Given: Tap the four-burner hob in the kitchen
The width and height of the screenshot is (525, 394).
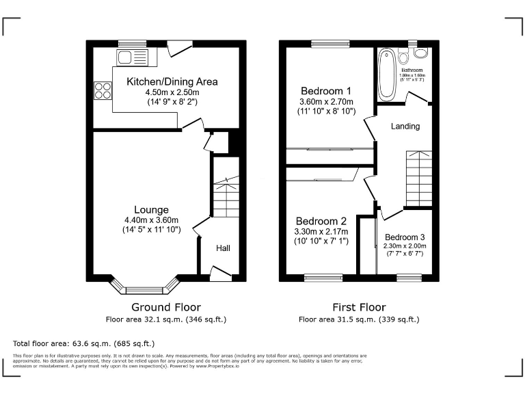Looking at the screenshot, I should tap(103, 90).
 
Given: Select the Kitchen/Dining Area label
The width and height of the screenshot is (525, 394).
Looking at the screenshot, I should tap(172, 81).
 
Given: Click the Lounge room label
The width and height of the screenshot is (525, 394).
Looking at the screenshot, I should tap(151, 209).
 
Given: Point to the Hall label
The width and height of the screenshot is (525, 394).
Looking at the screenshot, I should tap(224, 249).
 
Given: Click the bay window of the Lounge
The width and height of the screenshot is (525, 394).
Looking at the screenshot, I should tap(144, 285).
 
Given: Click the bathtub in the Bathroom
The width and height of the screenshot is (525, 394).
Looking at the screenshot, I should tap(386, 73).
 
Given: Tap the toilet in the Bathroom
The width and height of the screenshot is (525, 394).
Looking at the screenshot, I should tap(421, 53).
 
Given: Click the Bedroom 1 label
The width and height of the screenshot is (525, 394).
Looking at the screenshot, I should tap(326, 90).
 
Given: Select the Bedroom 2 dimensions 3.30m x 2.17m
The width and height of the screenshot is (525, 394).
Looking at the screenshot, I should tap(321, 231).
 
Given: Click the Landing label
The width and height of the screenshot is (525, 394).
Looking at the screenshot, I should tap(405, 127).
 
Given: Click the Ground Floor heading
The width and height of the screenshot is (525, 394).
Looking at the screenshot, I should tap(166, 307).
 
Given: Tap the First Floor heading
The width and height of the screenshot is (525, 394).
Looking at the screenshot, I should tap(359, 307).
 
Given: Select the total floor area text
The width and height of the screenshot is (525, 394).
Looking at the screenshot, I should tap(83, 343).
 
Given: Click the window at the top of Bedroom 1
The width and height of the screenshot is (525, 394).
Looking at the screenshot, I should tap(330, 44).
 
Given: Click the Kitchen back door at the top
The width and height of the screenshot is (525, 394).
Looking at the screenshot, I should tap(179, 48).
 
